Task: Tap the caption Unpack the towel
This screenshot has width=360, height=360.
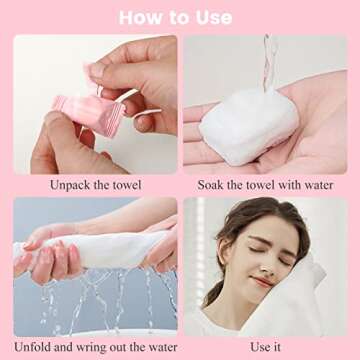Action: (x=96, y=184)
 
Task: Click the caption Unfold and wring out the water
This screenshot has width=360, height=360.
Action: (x=96, y=347)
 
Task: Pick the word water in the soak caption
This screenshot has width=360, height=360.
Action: (x=321, y=184)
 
